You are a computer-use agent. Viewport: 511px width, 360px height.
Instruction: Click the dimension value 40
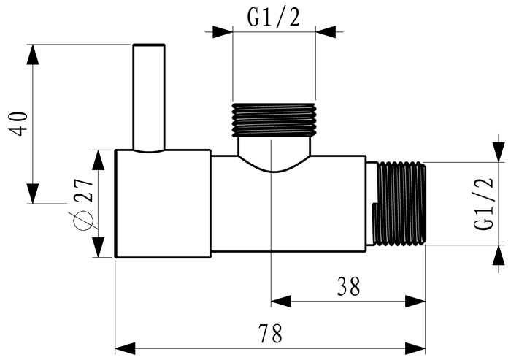point(20,122)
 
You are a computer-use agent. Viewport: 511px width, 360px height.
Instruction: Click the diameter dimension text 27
point(82,191)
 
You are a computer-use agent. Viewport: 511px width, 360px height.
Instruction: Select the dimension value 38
point(349,287)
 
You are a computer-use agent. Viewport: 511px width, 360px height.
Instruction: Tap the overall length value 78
point(271,334)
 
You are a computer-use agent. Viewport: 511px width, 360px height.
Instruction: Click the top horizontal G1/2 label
point(273,18)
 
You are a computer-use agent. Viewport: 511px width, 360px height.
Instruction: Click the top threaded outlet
point(274,118)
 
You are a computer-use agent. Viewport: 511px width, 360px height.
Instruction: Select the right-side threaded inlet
point(399,204)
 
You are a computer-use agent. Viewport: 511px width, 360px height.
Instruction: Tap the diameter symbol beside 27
point(82,219)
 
